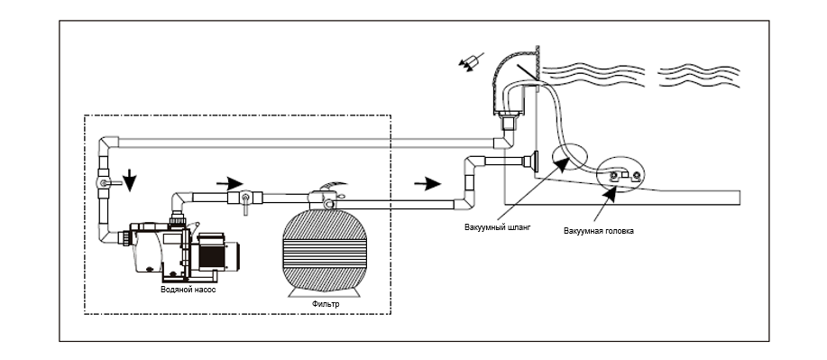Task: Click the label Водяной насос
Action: point(188,290)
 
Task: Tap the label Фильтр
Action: point(326,304)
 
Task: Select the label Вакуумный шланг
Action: point(497,227)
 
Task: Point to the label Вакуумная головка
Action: point(599,231)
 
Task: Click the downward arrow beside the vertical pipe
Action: point(130,180)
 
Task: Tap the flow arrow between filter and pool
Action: point(427,184)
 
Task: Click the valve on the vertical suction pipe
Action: point(106,182)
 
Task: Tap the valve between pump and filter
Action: point(244,199)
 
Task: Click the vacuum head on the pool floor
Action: point(623,177)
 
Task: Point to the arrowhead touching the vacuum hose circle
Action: point(563,163)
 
